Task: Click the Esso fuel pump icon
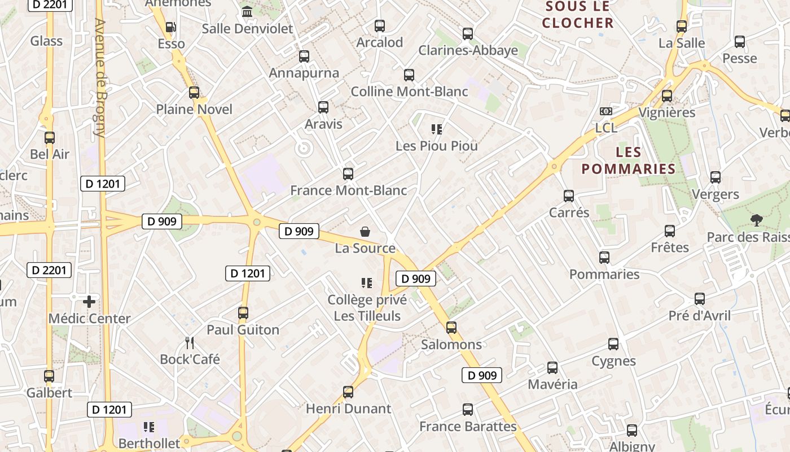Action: [x=170, y=27]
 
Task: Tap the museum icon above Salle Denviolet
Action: [x=247, y=11]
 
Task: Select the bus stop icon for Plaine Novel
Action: [x=194, y=93]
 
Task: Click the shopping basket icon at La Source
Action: [x=365, y=232]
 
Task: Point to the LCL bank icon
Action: [x=606, y=111]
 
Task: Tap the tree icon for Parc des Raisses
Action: [x=756, y=220]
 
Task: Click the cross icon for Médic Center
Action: [x=89, y=302]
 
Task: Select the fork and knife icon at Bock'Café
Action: [x=190, y=342]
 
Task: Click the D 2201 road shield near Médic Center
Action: [x=49, y=270]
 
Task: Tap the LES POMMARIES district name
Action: [x=629, y=160]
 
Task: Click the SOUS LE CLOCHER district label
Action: [x=578, y=15]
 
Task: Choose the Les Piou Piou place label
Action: [x=437, y=146]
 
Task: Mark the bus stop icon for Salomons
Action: [x=451, y=328]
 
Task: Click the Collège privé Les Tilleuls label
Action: [x=367, y=308]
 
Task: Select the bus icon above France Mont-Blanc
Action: [x=348, y=174]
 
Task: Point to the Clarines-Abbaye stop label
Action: [x=468, y=50]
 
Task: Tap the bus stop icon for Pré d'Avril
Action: [x=700, y=299]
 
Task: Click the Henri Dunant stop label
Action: [x=348, y=408]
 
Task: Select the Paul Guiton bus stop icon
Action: [x=243, y=313]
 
